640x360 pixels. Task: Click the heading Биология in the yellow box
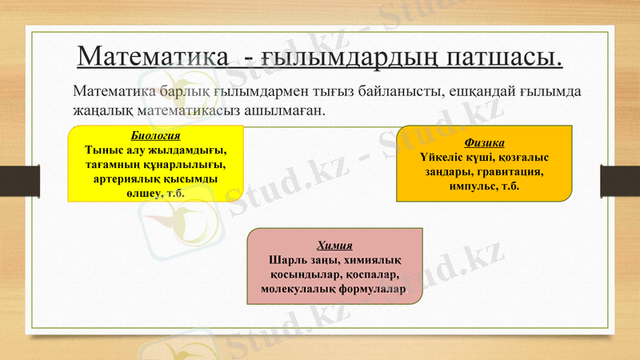pyautogui.click(x=155, y=135)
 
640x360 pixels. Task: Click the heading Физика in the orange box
pyautogui.click(x=484, y=142)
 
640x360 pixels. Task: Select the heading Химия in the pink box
pyautogui.click(x=334, y=245)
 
